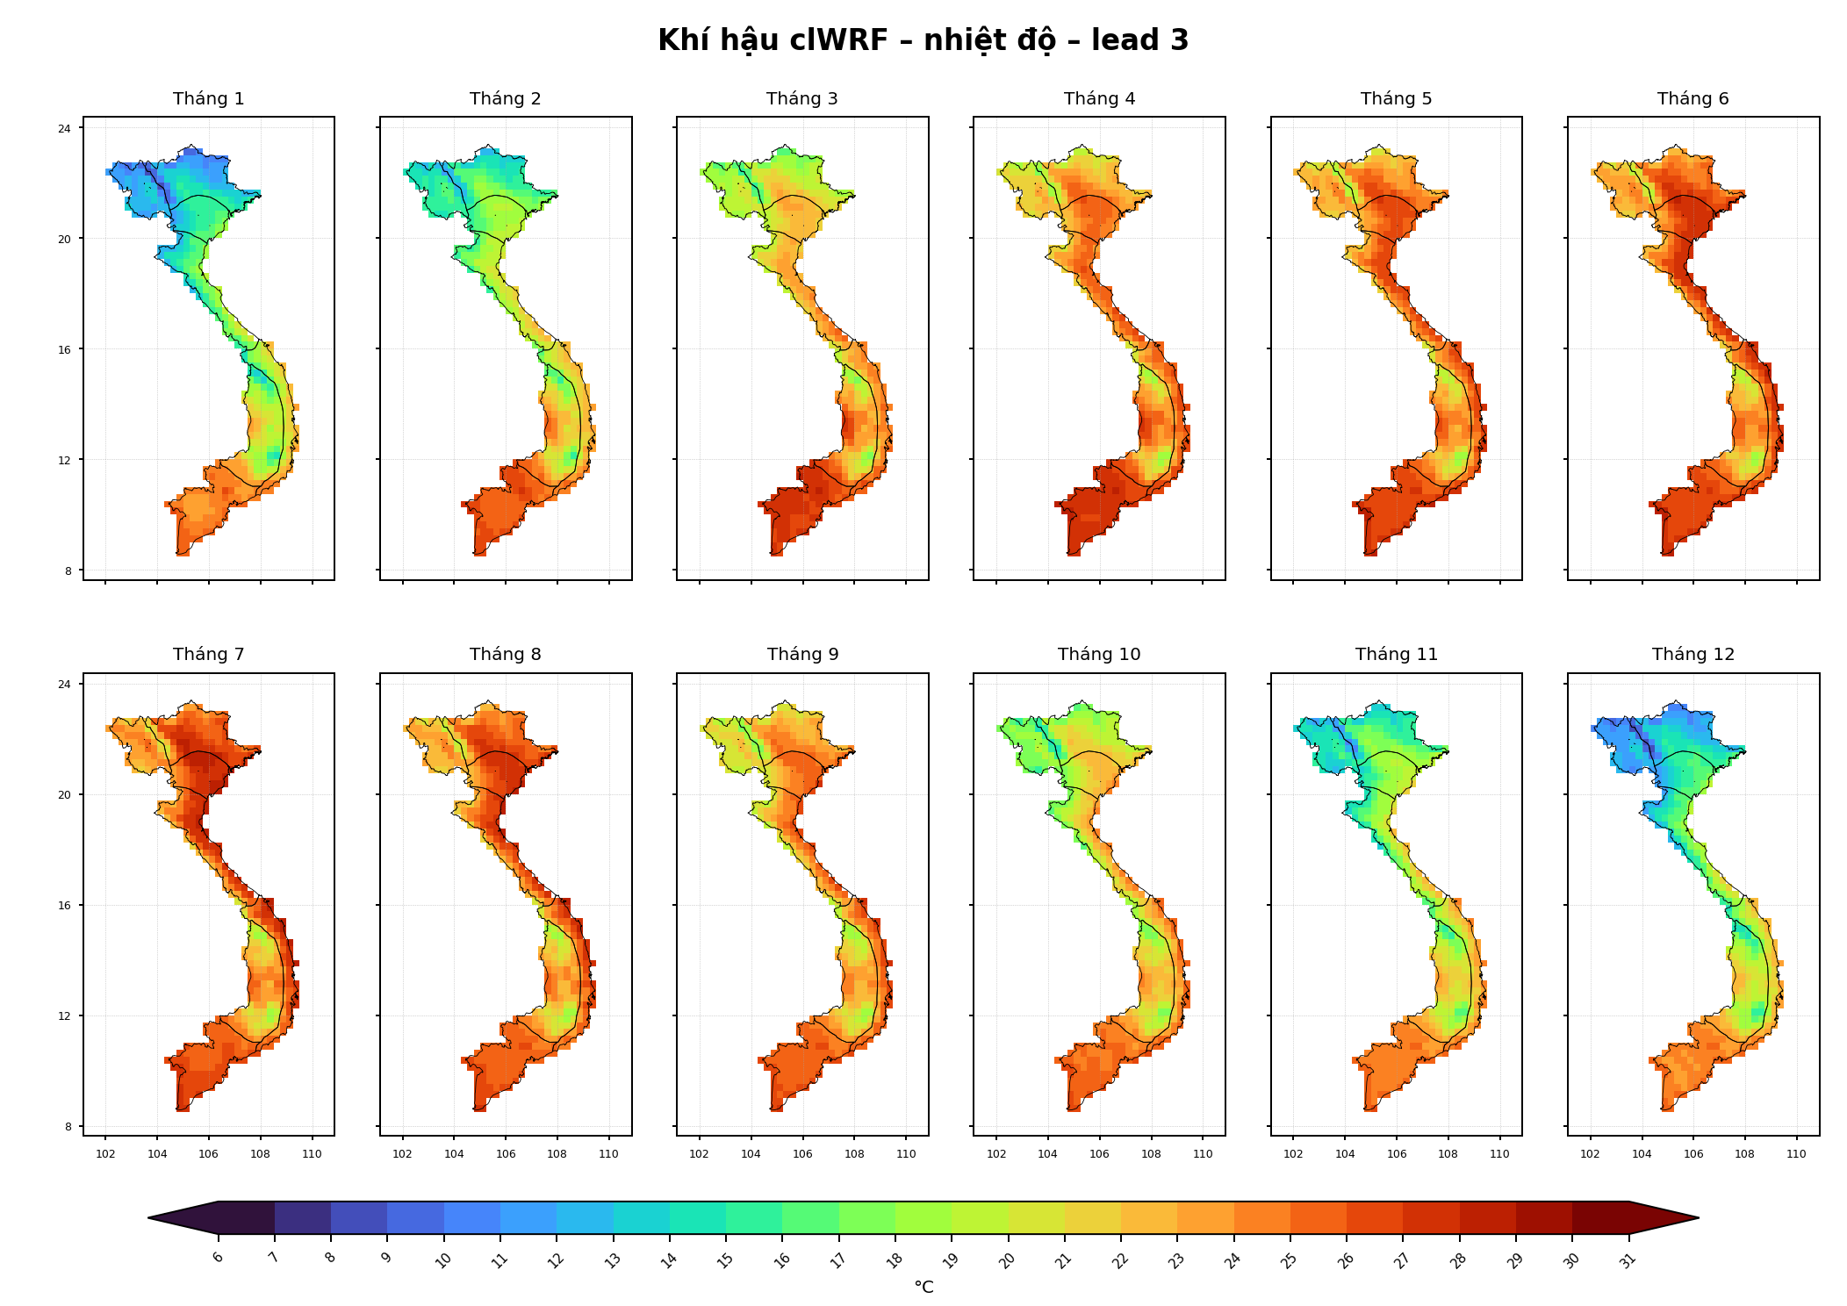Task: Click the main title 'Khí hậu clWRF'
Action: point(773,40)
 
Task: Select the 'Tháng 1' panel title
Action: point(209,98)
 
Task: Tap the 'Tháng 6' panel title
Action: point(1693,98)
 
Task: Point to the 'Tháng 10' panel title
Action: point(1099,654)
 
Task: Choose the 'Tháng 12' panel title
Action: point(1693,654)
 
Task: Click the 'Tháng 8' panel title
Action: point(506,654)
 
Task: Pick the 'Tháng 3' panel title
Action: point(802,98)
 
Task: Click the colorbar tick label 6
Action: point(218,1257)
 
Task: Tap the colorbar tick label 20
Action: point(1007,1260)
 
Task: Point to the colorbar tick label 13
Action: point(613,1260)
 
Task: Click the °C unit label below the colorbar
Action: point(923,1287)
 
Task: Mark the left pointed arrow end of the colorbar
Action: point(148,1217)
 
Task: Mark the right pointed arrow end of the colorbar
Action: point(1699,1217)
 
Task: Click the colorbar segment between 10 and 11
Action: point(472,1217)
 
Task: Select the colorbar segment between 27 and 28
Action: point(1431,1217)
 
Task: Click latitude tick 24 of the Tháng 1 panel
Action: point(65,128)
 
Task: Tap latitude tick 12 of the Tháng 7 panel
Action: point(65,1015)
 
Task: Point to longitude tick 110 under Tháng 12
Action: point(1796,1153)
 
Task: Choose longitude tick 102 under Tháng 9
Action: point(699,1153)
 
